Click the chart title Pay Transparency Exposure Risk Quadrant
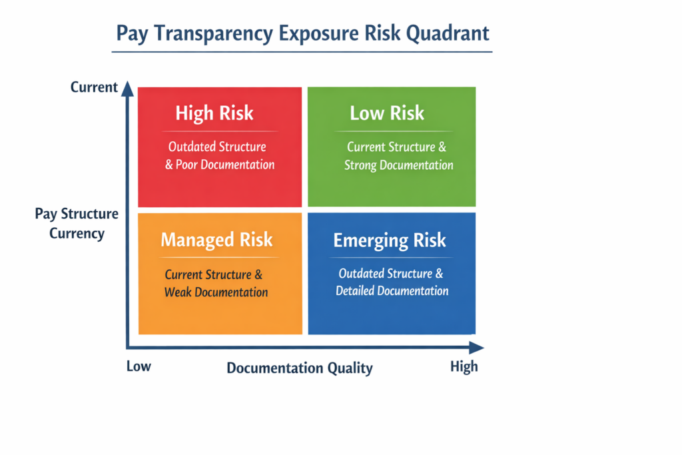303,33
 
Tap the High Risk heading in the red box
214,113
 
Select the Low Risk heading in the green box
387,113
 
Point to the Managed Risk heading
216,240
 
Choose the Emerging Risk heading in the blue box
390,240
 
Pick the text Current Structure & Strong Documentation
398,155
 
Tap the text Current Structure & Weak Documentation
216,283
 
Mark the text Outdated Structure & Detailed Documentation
392,282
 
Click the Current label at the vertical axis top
94,87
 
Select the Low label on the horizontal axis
139,366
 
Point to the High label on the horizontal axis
464,366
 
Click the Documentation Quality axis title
300,368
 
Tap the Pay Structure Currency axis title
77,224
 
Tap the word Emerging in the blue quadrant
365,240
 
